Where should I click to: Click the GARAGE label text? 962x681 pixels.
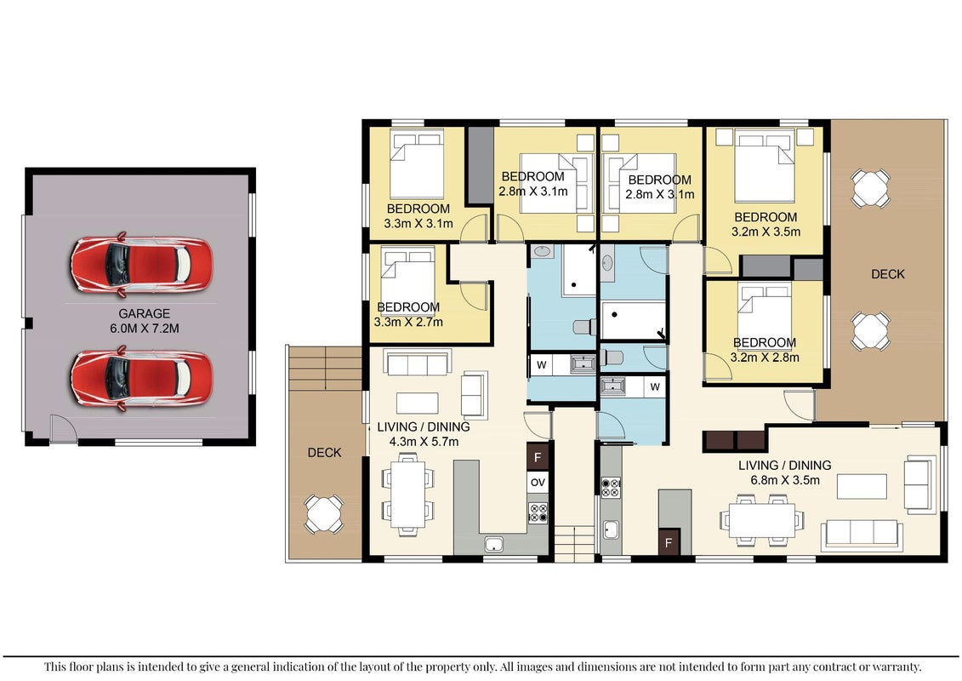145,313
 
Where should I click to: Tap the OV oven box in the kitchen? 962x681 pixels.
538,483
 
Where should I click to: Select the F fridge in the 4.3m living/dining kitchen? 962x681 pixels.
538,457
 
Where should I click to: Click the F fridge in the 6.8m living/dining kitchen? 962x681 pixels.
669,543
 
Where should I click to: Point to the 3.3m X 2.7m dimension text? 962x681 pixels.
408,322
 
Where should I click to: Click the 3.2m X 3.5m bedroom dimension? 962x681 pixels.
766,232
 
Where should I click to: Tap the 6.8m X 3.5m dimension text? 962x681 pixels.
785,480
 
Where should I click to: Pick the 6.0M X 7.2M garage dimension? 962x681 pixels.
145,329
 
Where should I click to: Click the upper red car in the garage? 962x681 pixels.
142,263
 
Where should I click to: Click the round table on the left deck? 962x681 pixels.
324,513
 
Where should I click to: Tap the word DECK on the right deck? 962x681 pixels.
888,274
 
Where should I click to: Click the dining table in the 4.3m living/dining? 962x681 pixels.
408,495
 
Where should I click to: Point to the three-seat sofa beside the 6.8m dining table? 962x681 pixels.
862,534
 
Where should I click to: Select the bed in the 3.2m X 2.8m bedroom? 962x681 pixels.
765,317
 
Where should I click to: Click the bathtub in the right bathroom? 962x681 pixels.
633,319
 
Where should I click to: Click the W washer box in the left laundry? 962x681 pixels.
542,364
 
